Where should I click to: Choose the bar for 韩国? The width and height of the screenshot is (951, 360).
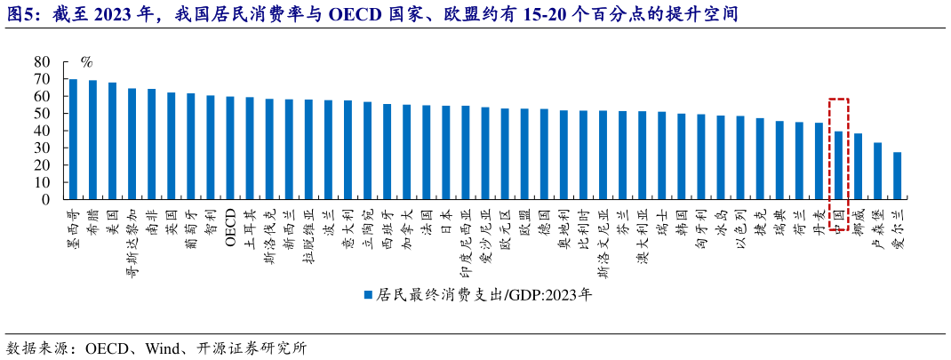682,156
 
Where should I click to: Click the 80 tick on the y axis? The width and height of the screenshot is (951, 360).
42,62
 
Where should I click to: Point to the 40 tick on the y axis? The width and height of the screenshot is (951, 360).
42,131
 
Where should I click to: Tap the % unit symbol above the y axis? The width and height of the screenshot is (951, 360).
86,62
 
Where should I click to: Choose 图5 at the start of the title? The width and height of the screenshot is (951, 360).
20,15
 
